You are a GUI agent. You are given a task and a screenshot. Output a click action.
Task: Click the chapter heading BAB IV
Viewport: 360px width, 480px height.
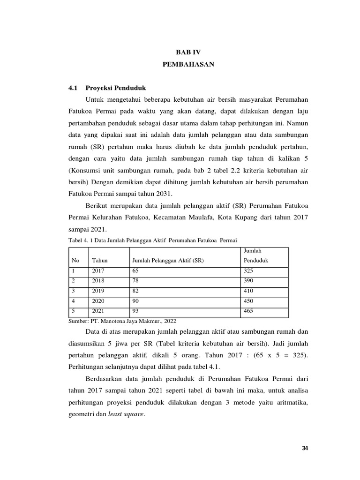188,52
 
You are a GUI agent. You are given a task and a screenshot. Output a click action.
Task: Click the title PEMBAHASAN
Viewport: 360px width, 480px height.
188,65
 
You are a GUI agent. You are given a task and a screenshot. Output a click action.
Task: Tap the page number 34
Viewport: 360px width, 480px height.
305,449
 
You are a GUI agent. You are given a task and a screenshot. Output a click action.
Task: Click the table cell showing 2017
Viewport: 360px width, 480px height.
98,271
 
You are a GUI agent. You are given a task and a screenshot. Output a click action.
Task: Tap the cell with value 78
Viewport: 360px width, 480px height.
136,281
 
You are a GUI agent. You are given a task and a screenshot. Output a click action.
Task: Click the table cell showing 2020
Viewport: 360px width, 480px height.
98,301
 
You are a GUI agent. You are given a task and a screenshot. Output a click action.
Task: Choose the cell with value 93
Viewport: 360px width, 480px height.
136,311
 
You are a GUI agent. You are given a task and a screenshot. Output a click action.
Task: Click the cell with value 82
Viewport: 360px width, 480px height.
136,291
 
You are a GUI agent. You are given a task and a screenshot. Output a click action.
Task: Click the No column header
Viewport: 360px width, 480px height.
75,260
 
